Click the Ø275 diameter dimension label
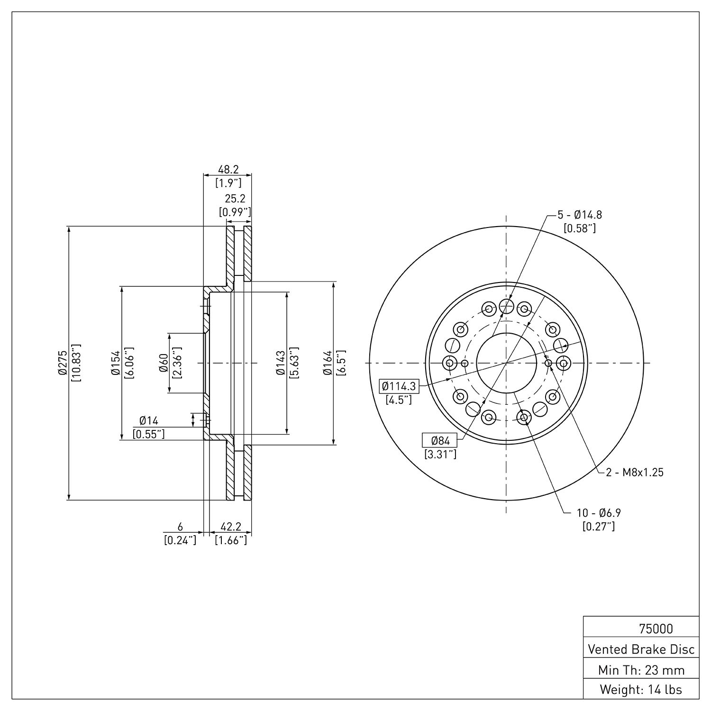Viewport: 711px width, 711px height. [x=62, y=363]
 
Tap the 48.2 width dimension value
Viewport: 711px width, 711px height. [x=228, y=169]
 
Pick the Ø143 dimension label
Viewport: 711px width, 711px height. [x=280, y=363]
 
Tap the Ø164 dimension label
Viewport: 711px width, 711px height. [x=328, y=363]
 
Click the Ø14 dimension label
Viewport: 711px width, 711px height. [x=149, y=420]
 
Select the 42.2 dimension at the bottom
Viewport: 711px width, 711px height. [x=231, y=527]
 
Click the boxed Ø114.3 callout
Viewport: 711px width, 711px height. [x=399, y=386]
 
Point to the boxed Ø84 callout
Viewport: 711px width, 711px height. [x=440, y=441]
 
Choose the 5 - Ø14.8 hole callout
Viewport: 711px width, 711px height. [x=579, y=215]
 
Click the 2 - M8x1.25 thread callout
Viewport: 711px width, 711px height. [x=635, y=472]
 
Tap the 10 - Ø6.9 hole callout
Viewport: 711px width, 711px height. [x=599, y=512]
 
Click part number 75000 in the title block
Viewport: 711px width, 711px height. [x=656, y=629]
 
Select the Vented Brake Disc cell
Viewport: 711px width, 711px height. [x=641, y=649]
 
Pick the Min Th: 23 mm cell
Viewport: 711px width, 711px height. [x=641, y=670]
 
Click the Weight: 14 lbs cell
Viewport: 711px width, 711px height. [x=641, y=689]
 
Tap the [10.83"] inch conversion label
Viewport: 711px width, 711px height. [x=76, y=363]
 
